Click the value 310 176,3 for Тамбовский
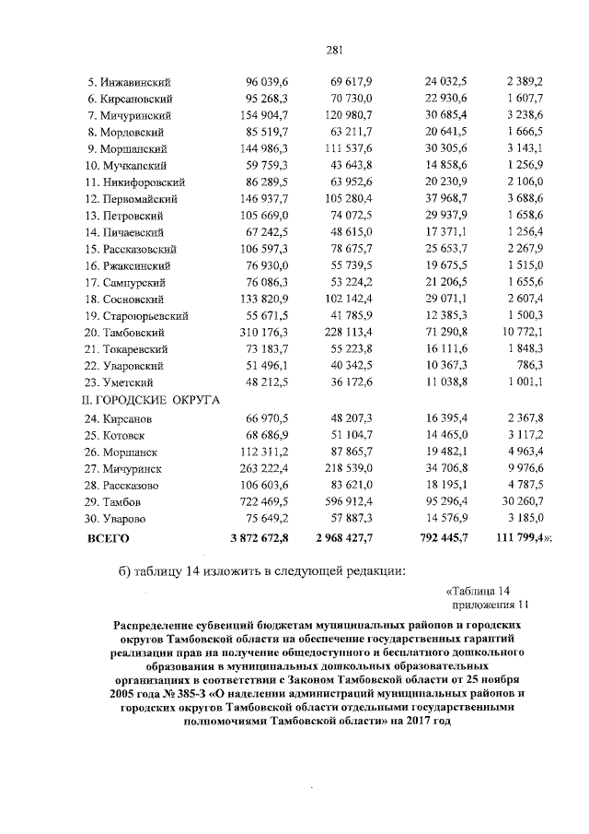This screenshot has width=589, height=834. tap(262, 332)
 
